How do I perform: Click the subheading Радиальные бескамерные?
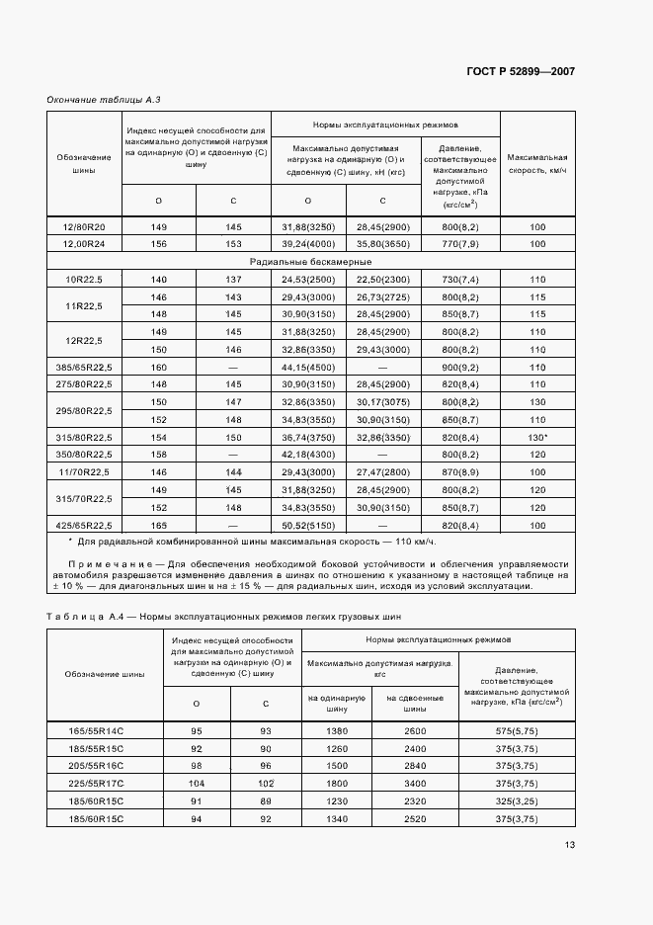310,262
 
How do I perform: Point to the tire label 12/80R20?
85,226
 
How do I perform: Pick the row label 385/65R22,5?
85,367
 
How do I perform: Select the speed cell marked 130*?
537,437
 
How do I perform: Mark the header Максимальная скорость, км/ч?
537,163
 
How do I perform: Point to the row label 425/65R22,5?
85,525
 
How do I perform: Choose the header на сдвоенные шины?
415,703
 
